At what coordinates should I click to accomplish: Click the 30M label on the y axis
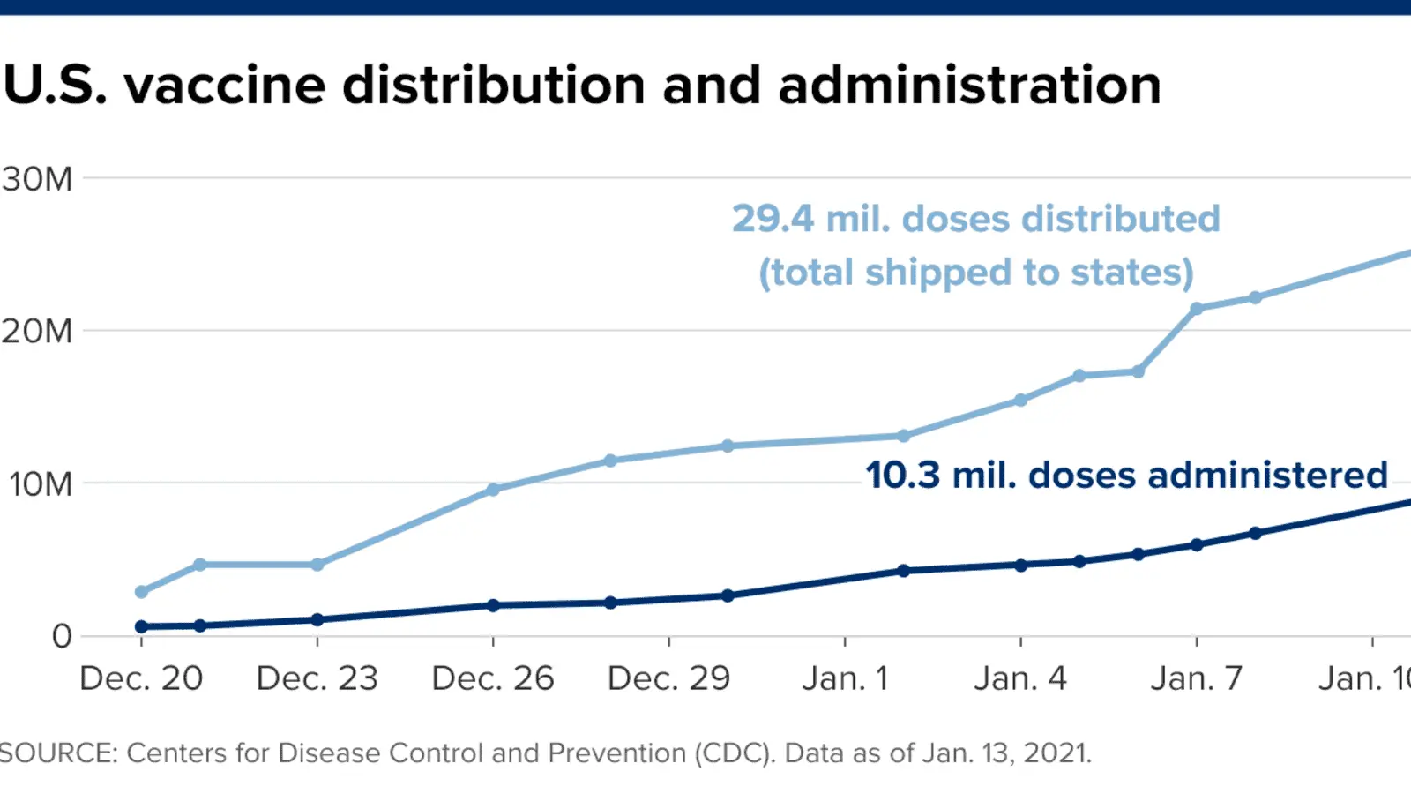(x=37, y=179)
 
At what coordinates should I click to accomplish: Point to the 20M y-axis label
(x=37, y=332)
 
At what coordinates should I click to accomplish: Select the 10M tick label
(x=41, y=484)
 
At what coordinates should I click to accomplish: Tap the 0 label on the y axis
(x=62, y=636)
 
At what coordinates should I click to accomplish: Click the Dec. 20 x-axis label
(x=141, y=678)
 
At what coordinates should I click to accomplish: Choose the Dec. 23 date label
(x=317, y=678)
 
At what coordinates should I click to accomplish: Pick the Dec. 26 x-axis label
(x=493, y=678)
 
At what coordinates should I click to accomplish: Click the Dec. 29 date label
(x=668, y=678)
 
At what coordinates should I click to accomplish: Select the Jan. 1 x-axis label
(x=845, y=678)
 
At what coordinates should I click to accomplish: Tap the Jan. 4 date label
(x=1020, y=678)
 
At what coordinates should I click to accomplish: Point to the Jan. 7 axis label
(x=1197, y=678)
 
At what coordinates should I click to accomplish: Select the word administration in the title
(x=969, y=86)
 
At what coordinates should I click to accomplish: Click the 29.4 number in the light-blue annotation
(x=773, y=219)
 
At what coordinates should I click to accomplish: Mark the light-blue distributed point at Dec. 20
(x=141, y=592)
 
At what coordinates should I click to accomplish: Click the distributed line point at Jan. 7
(x=1197, y=309)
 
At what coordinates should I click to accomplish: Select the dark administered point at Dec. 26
(x=493, y=605)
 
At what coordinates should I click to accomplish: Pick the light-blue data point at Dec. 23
(x=317, y=565)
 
